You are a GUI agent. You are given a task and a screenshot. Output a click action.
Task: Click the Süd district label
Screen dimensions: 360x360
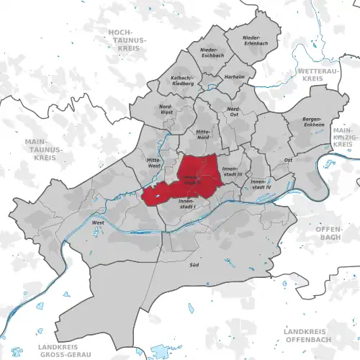(x=194, y=265)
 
